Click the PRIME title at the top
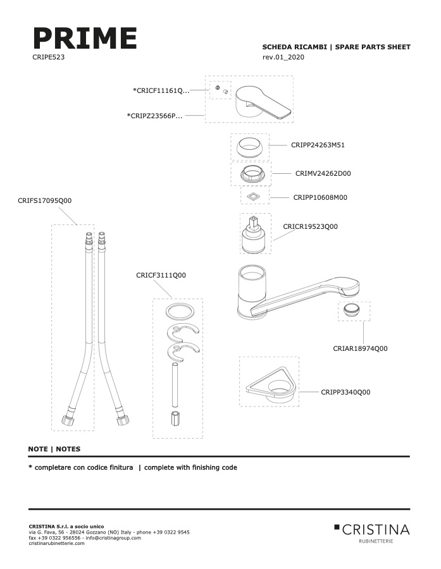85,38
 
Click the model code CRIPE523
48,57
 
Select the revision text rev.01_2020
283,57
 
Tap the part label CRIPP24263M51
318,145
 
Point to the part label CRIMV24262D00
323,173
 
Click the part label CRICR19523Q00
310,226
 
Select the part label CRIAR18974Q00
360,348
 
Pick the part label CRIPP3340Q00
345,392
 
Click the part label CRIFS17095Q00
45,200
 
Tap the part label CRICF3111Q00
161,275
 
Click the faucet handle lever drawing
263,102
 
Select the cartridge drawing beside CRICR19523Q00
254,235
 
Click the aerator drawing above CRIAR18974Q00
352,310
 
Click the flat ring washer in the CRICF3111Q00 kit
179,312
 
